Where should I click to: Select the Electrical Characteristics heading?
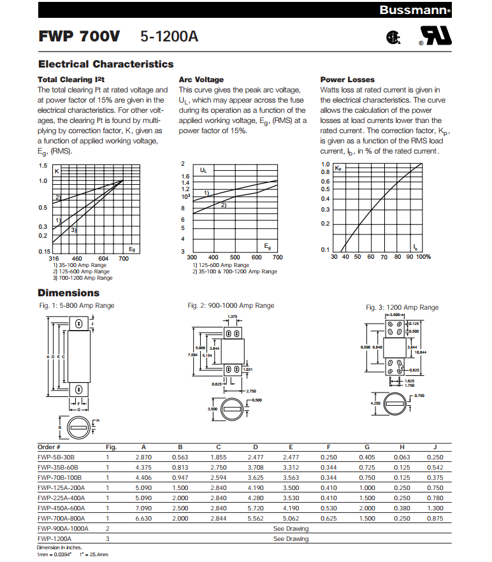point(105,64)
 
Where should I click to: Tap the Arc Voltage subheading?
point(201,80)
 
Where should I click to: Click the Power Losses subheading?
point(347,80)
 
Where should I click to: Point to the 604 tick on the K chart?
point(104,258)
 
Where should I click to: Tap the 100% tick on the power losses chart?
point(424,257)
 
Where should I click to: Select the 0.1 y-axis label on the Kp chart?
point(325,250)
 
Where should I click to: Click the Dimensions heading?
point(69,293)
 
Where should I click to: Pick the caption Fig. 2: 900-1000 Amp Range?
point(231,306)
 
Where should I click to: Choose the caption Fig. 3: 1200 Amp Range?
point(402,308)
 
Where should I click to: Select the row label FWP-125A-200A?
point(61,487)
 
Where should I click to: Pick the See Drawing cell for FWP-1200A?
point(291,539)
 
